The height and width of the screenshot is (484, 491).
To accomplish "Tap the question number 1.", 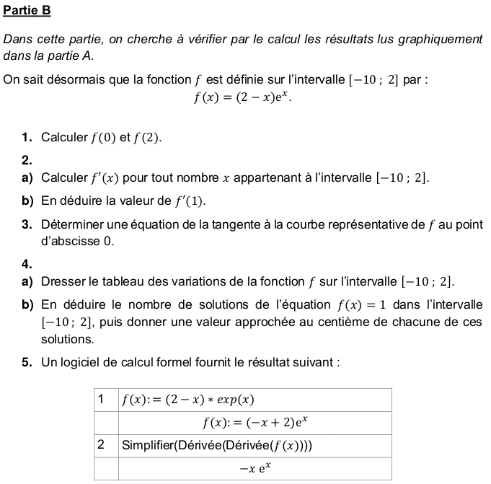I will (x=26, y=137).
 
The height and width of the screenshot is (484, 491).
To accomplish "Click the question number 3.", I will (x=26, y=225).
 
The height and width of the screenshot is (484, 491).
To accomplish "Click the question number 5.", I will (x=26, y=362).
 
